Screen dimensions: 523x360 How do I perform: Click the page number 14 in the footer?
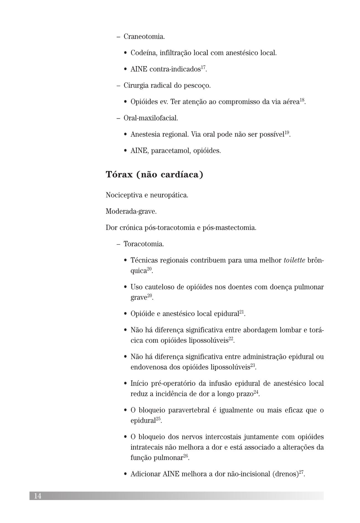pos(38,496)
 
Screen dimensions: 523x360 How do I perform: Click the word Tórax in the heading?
pos(119,175)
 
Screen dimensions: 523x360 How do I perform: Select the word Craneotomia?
pos(144,37)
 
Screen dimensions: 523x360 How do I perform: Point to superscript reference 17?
pos(203,67)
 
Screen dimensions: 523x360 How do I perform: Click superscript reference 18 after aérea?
pos(302,100)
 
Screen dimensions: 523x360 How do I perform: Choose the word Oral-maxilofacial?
pos(151,118)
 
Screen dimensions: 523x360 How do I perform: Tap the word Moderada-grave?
pos(131,211)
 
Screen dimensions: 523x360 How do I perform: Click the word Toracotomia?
pos(144,244)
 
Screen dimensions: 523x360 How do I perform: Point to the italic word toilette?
pos(294,260)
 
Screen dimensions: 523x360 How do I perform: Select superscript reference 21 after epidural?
pos(242,312)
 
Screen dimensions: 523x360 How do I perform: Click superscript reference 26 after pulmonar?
pos(186,456)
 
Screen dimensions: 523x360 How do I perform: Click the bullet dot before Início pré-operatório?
pos(125,384)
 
